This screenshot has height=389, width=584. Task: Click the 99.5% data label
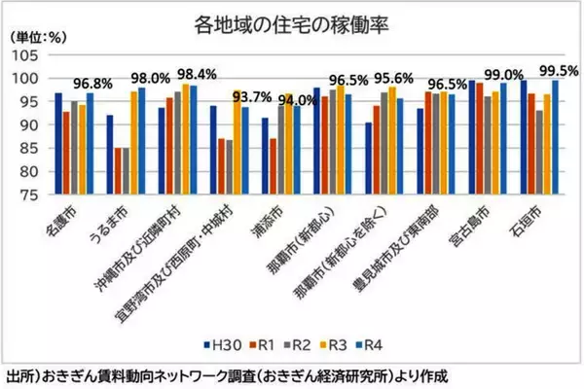tap(560, 70)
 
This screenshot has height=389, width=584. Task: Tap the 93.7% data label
tap(252, 96)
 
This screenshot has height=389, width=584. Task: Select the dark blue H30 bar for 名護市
tap(58, 145)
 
